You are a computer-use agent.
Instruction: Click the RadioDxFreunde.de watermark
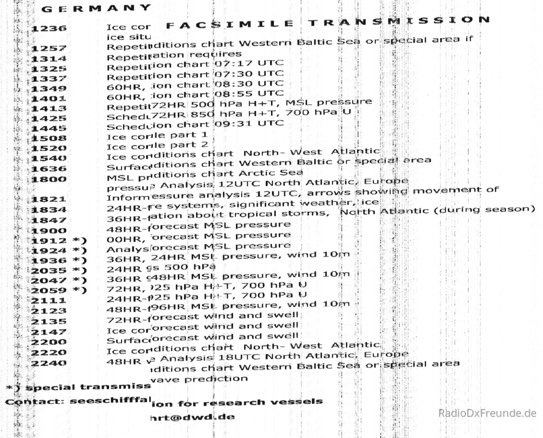(487, 413)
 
